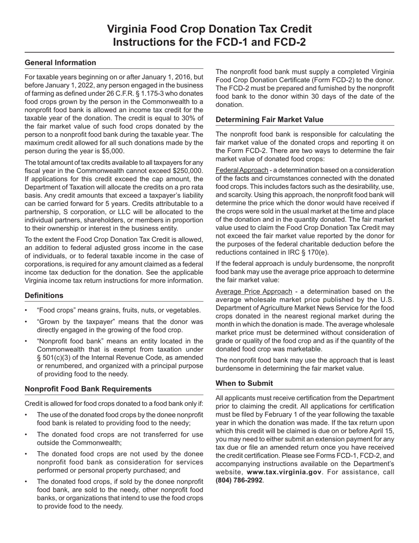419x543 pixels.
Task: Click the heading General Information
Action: [60, 63]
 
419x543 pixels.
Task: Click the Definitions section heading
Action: [44, 296]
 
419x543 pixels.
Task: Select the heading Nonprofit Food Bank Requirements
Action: [88, 389]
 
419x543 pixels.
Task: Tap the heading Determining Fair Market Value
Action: [269, 120]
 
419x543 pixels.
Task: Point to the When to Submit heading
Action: [244, 384]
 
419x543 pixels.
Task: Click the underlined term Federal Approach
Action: [242, 170]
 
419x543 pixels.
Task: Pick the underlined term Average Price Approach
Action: [254, 291]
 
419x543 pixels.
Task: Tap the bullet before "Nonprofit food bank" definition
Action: [26, 341]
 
